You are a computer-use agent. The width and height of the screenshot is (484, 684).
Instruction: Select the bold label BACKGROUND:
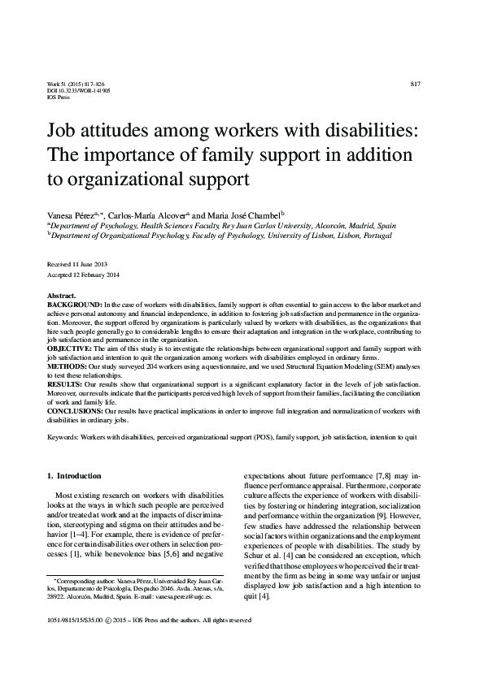coord(75,302)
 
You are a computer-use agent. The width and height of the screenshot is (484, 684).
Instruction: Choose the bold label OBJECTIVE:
coord(71,347)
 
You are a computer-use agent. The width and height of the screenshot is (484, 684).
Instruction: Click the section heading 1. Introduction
coord(74,475)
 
